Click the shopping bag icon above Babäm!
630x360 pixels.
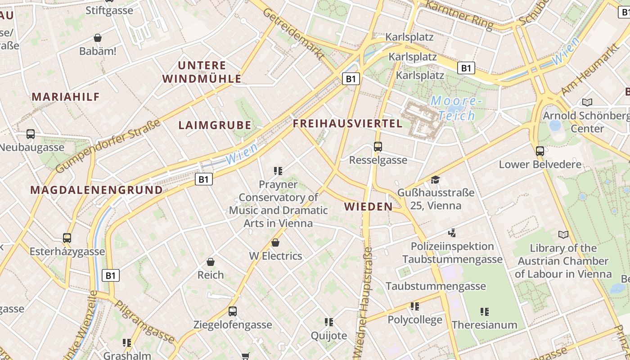pyautogui.click(x=98, y=38)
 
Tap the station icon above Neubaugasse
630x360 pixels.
pyautogui.click(x=31, y=134)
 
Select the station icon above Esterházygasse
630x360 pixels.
pyautogui.click(x=67, y=238)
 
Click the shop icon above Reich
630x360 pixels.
pyautogui.click(x=210, y=262)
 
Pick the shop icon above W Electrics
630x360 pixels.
pyautogui.click(x=275, y=243)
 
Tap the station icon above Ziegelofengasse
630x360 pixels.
pyautogui.click(x=233, y=311)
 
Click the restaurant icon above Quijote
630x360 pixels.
pyautogui.click(x=329, y=322)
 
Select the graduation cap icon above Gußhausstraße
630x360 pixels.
pyautogui.click(x=435, y=180)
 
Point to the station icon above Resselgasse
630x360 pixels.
pyautogui.click(x=378, y=147)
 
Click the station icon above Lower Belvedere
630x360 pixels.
pyautogui.click(x=540, y=151)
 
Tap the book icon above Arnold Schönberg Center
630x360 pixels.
pyautogui.click(x=587, y=102)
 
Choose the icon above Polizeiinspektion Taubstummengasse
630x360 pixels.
pyautogui.click(x=452, y=233)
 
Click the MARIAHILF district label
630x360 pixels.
pyautogui.click(x=66, y=97)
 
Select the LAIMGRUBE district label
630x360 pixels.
pyautogui.click(x=215, y=126)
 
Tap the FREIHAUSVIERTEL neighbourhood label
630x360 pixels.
pyautogui.click(x=347, y=124)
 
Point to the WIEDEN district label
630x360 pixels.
pyautogui.click(x=368, y=207)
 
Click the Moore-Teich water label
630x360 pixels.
pyautogui.click(x=456, y=108)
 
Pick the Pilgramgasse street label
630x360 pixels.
pyautogui.click(x=144, y=322)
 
